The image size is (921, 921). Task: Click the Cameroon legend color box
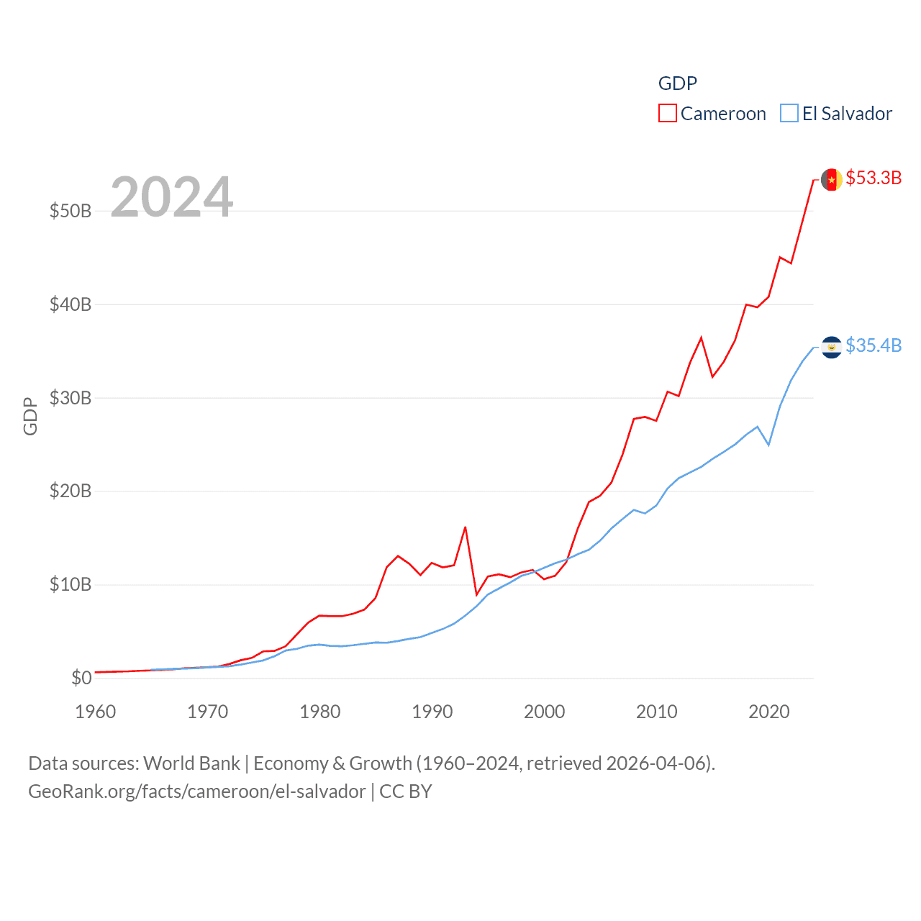coord(668,114)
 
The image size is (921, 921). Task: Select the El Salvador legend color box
coord(789,114)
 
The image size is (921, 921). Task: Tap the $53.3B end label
coord(874,178)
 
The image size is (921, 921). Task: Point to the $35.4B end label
coord(874,345)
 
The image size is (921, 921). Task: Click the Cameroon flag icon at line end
coord(832,179)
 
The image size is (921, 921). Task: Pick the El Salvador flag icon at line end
coord(832,347)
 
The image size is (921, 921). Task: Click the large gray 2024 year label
coord(171,197)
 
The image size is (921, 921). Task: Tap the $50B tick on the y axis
coord(71,211)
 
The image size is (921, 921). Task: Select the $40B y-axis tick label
coord(71,304)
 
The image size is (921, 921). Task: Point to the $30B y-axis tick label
coord(71,398)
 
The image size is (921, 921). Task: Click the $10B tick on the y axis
coord(71,584)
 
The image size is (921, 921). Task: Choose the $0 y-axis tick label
coord(81,678)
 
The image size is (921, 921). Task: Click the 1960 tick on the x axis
coord(96,712)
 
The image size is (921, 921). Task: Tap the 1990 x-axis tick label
coord(432,712)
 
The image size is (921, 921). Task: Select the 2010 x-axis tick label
coord(657,712)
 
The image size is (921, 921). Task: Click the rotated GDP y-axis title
coord(30,416)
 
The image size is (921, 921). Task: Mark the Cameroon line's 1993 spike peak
coord(466,527)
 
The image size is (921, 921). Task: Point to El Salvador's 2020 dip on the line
coord(768,445)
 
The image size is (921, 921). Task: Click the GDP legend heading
coord(678,83)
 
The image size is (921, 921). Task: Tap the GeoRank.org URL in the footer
coord(196,791)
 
